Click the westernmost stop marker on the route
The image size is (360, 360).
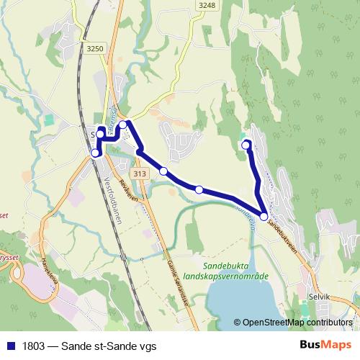click(95, 153)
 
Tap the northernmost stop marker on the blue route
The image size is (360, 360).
click(123, 125)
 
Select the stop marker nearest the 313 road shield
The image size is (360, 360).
click(164, 171)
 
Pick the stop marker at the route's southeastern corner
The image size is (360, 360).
click(264, 216)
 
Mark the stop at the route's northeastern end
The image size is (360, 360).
click(246, 145)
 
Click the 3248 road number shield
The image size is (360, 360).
click(207, 5)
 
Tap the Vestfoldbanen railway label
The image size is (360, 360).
click(113, 199)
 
